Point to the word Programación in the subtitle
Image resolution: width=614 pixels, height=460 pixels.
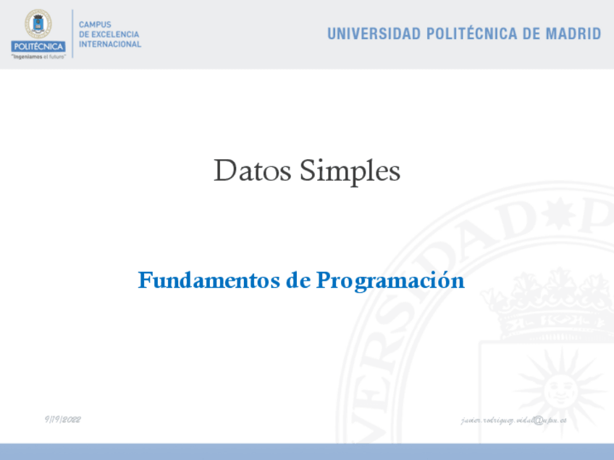(x=390, y=281)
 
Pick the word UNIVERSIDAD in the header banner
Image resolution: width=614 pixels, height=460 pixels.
(x=374, y=34)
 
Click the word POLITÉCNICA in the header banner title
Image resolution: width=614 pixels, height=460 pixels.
(x=471, y=34)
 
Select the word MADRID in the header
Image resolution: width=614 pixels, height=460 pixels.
(x=573, y=34)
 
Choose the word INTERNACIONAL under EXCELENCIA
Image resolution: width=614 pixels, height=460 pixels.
(x=110, y=44)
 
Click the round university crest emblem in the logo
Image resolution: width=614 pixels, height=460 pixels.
(x=38, y=24)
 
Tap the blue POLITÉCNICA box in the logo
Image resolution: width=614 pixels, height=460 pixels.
(x=38, y=46)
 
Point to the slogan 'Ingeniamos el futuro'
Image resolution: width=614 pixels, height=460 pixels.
(x=38, y=56)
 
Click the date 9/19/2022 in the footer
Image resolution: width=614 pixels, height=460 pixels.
(x=62, y=419)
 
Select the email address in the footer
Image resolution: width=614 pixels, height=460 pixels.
(x=513, y=420)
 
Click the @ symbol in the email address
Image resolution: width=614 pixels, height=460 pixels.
(x=537, y=420)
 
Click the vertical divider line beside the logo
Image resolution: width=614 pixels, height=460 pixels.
(x=72, y=34)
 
